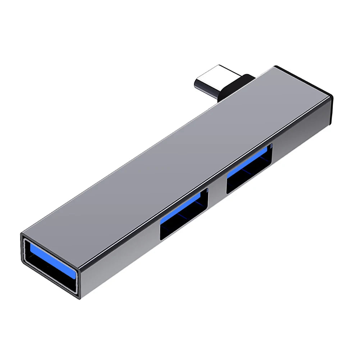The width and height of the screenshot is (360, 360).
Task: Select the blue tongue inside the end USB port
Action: [50, 257]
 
